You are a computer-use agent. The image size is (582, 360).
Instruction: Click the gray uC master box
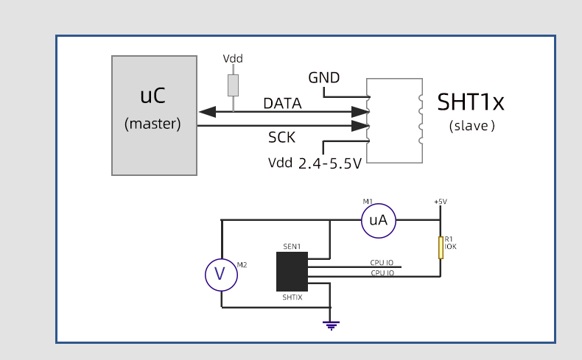pyautogui.click(x=154, y=115)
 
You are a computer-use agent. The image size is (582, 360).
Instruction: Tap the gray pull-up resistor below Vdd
pyautogui.click(x=233, y=85)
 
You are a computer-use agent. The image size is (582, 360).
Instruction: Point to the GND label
pyautogui.click(x=324, y=77)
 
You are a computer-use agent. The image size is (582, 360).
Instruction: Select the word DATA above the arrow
pyautogui.click(x=282, y=104)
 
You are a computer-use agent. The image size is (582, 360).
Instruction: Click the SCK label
pyautogui.click(x=282, y=137)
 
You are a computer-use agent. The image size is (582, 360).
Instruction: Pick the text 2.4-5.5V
pyautogui.click(x=329, y=163)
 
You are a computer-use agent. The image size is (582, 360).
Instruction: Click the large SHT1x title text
pyautogui.click(x=471, y=101)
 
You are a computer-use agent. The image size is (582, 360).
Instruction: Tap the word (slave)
pyautogui.click(x=472, y=126)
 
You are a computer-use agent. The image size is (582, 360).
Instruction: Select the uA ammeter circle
pyautogui.click(x=379, y=219)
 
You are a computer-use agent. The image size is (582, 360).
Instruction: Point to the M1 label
pyautogui.click(x=368, y=201)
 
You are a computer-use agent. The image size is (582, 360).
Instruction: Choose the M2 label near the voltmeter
pyautogui.click(x=242, y=264)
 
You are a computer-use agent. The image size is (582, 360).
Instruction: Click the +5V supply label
pyautogui.click(x=441, y=202)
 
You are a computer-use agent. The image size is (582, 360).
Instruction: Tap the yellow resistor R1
pyautogui.click(x=441, y=247)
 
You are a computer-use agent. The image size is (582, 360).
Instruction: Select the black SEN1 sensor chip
pyautogui.click(x=292, y=272)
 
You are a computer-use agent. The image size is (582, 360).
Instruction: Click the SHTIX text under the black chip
pyautogui.click(x=292, y=297)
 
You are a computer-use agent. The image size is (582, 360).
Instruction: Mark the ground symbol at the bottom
pyautogui.click(x=331, y=324)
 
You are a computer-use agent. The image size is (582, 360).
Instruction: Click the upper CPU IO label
pyautogui.click(x=382, y=262)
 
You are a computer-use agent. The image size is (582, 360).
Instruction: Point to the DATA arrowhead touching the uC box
pyautogui.click(x=206, y=112)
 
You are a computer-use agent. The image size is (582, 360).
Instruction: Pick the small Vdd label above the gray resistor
pyautogui.click(x=233, y=59)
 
